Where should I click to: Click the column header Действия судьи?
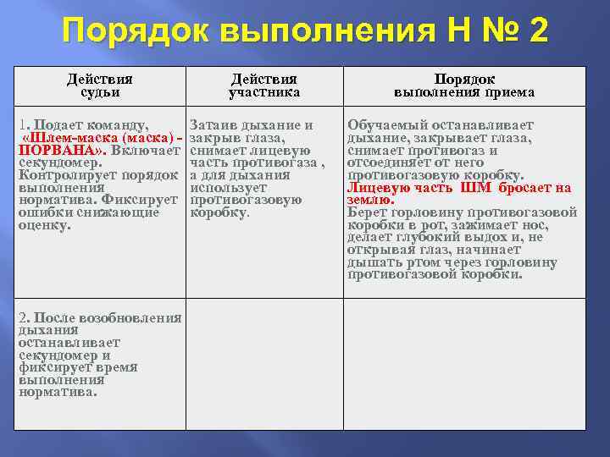100,85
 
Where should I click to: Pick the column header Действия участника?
264,85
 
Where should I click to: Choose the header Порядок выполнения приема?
463,85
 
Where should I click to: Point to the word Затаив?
213,125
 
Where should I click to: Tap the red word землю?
369,200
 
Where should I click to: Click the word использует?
228,188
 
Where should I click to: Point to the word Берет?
366,212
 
